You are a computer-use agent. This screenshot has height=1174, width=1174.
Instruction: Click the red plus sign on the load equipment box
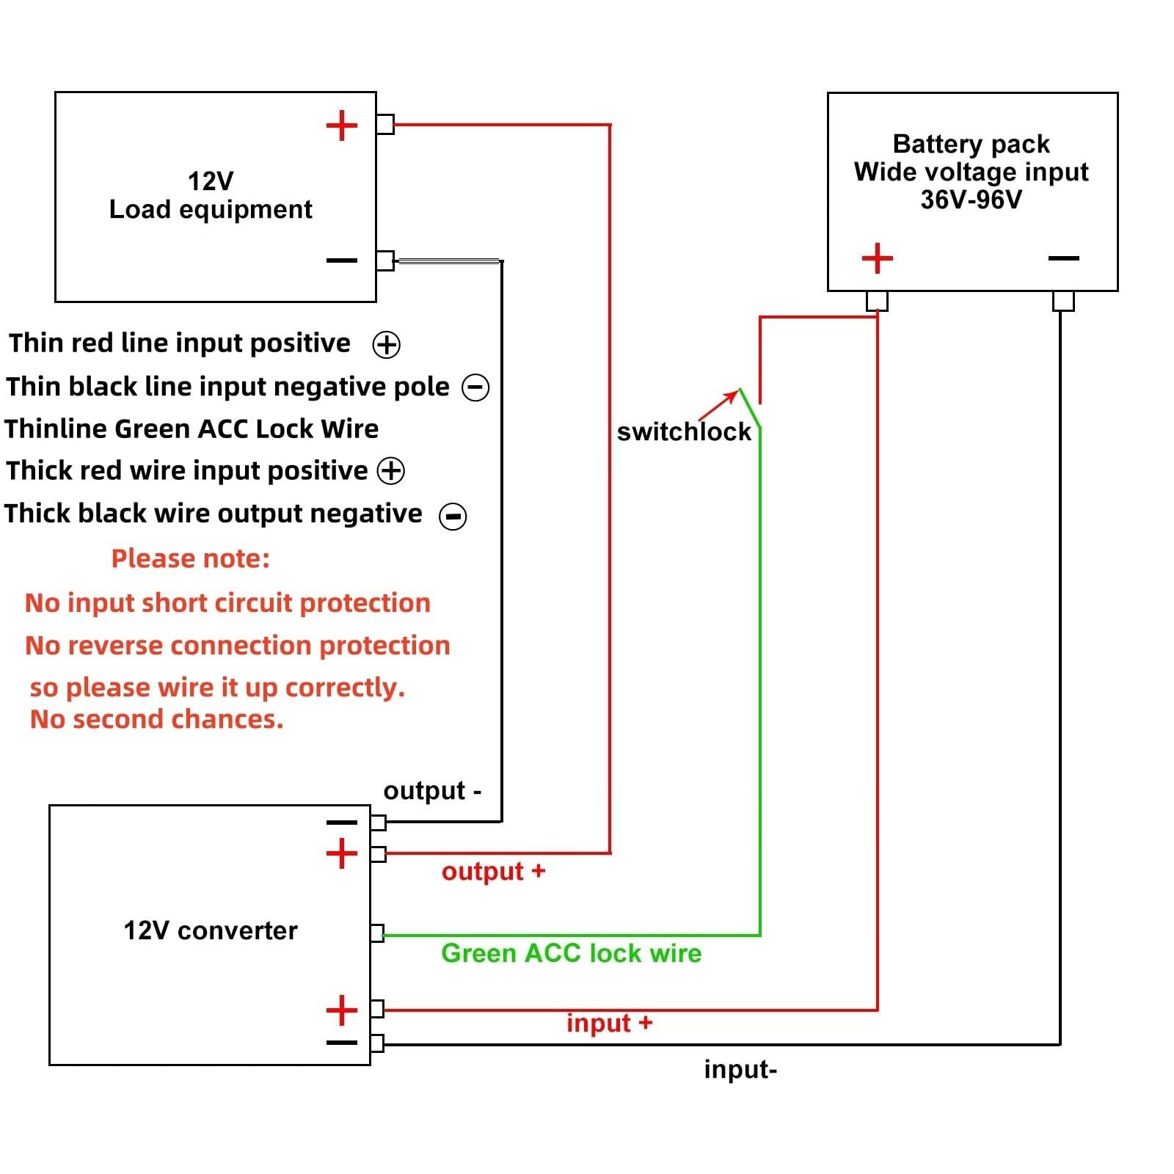point(341,125)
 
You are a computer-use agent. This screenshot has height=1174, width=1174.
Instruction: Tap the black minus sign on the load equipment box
point(341,260)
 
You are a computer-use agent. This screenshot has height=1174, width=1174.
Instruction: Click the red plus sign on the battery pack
point(877,258)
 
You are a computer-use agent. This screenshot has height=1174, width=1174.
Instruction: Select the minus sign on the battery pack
point(1063,258)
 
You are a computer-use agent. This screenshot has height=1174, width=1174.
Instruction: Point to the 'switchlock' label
point(684,431)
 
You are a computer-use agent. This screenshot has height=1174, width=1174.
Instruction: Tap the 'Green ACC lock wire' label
point(571,952)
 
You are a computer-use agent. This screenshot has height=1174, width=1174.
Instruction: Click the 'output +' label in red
point(493,871)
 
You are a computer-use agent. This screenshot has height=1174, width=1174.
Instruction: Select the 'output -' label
point(432,790)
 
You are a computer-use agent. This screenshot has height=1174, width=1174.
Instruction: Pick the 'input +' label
point(609,1022)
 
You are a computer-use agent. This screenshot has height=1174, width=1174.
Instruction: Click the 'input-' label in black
point(740,1069)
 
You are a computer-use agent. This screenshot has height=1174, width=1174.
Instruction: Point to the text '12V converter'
point(211,930)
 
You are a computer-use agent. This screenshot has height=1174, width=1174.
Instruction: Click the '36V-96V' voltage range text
point(971,199)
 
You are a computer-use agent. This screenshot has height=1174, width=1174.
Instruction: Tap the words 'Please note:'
point(191,558)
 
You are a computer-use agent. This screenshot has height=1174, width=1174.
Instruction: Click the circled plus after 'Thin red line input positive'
point(387,344)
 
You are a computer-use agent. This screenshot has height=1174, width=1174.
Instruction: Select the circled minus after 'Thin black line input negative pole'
point(475,387)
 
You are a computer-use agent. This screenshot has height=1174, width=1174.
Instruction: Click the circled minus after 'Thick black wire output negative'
point(453,516)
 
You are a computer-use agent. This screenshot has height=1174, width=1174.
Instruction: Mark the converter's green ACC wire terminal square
point(377,933)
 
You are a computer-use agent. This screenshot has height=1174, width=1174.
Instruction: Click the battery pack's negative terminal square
point(1063,301)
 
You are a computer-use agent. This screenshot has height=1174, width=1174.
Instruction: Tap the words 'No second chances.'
point(156,719)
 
